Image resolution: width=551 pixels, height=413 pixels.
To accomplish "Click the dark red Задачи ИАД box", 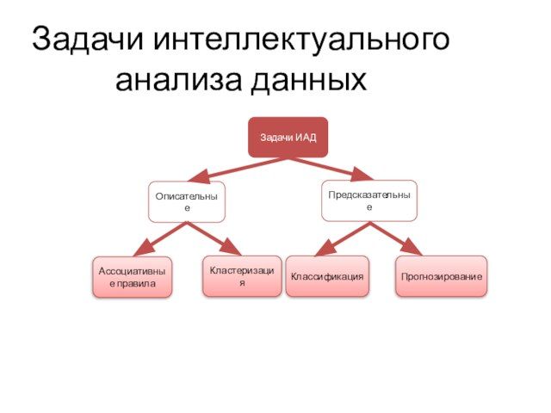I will (288, 137).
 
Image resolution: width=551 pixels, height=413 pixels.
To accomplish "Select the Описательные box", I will (186, 201).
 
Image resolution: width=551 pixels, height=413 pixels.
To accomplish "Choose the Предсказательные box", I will (369, 200).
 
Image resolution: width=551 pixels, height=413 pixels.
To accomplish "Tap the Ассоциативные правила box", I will (133, 276).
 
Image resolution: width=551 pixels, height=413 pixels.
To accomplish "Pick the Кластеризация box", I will (242, 276).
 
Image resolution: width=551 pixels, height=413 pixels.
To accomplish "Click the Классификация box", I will (327, 276).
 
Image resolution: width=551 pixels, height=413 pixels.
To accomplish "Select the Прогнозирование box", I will (441, 276).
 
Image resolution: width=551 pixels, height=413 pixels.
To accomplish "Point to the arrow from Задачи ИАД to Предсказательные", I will (331, 167).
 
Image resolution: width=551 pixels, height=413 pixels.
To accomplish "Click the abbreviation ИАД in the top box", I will (305, 138).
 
